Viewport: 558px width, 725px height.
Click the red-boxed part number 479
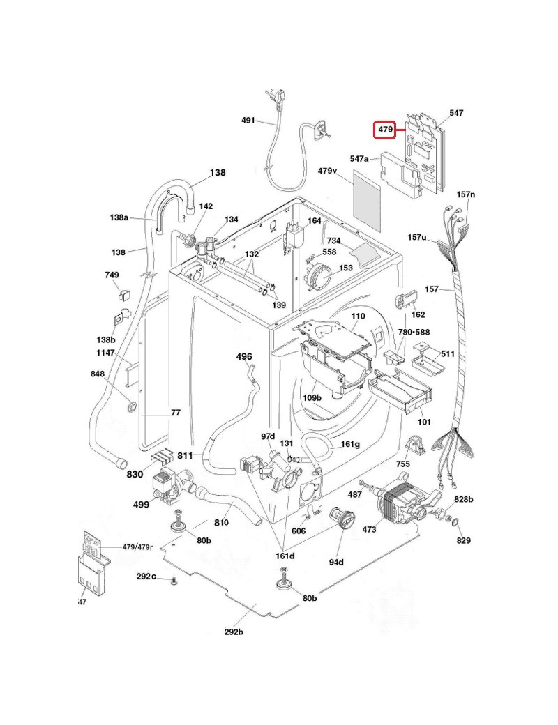[384, 129]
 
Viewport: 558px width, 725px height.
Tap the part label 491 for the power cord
[248, 120]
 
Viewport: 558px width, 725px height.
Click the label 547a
[360, 159]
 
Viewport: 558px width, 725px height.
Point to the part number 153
[346, 268]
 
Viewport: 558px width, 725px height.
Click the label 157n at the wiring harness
[465, 194]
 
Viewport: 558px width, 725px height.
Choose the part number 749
[112, 275]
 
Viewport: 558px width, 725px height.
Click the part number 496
[244, 356]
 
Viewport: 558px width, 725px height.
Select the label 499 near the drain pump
[142, 504]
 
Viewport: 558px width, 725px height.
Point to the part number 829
[464, 540]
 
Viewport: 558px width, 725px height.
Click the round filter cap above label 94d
[342, 519]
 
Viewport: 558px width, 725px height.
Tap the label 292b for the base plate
[234, 632]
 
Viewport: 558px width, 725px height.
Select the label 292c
[146, 577]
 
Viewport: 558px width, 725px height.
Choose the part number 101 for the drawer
[424, 422]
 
